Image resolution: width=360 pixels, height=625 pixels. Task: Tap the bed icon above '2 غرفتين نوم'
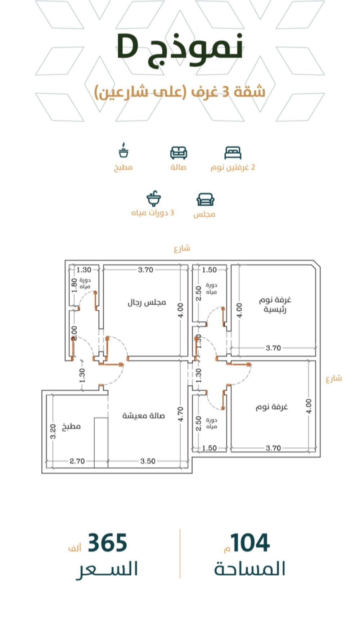(233, 153)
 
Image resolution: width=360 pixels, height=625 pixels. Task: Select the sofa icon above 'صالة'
(179, 153)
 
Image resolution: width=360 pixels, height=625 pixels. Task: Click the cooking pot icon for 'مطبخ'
(123, 150)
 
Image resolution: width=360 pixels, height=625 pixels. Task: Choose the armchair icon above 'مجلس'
(206, 199)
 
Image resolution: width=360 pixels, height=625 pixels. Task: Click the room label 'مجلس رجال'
(147, 302)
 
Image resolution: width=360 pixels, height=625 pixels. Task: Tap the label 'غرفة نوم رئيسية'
(275, 305)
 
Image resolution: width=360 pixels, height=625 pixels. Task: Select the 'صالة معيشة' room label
(143, 415)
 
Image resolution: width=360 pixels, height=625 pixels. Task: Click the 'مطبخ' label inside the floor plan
(71, 427)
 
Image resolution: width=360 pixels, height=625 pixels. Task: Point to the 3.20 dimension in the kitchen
(53, 431)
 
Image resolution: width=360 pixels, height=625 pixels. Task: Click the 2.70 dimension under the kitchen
(77, 461)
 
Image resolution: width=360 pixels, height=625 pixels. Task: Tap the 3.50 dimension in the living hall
(148, 461)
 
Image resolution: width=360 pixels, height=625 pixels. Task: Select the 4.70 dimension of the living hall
(181, 414)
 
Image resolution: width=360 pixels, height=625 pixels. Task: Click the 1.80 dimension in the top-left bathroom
(74, 285)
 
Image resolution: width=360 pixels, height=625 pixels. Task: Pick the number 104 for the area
(250, 543)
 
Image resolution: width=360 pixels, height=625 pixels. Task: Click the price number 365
(108, 543)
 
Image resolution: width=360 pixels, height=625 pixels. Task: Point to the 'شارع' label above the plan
(182, 248)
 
